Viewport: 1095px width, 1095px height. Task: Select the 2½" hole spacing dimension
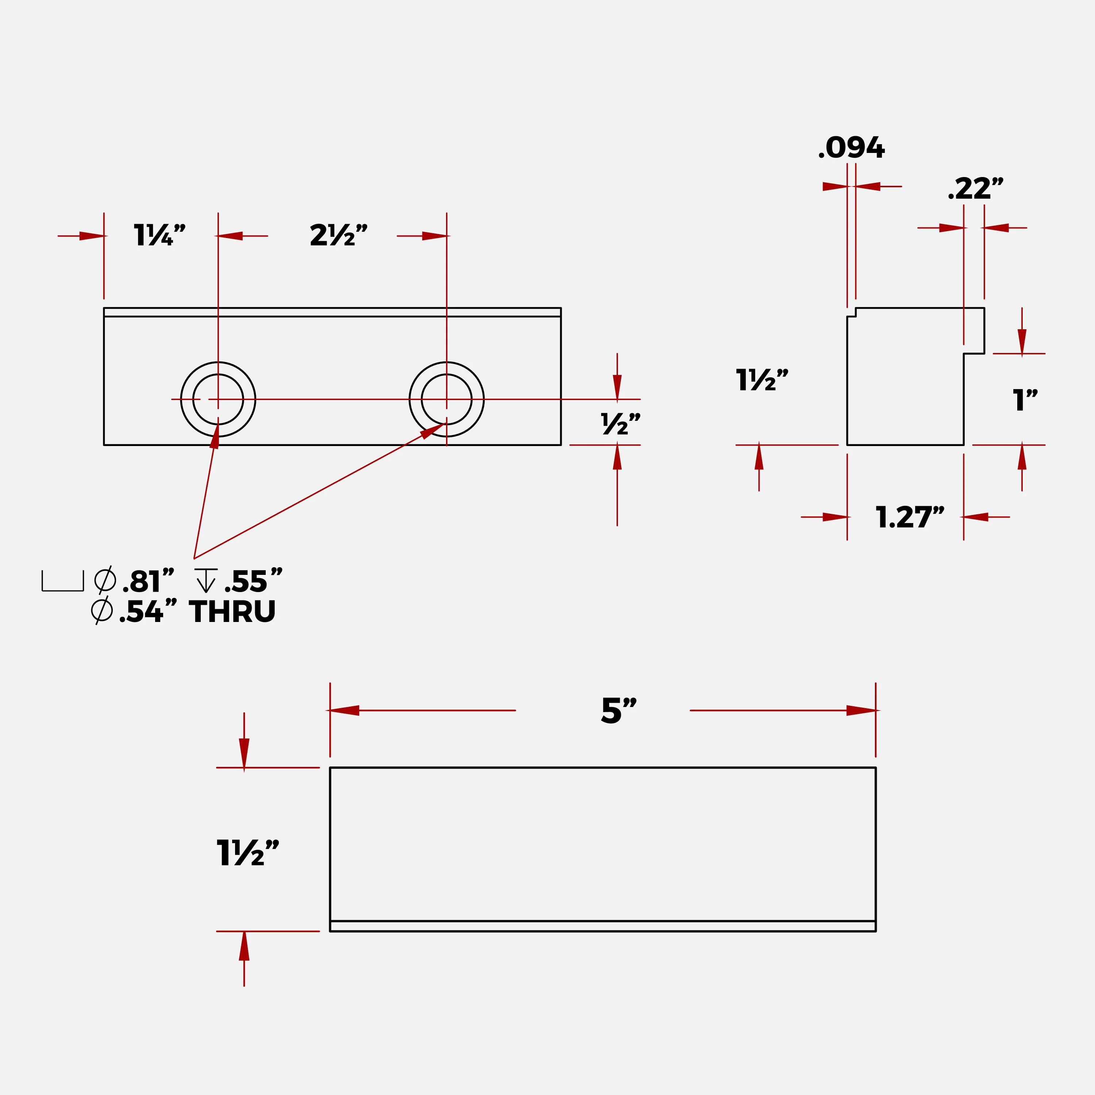click(338, 235)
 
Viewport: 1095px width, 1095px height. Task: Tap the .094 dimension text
click(851, 148)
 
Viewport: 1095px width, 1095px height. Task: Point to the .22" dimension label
click(975, 189)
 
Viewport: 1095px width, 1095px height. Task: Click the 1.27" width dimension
click(910, 517)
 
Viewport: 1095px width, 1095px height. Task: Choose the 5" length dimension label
click(619, 710)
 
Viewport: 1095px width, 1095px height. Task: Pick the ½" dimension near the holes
click(620, 424)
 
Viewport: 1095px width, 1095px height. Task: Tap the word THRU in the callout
click(233, 611)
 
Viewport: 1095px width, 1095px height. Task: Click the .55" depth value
click(253, 581)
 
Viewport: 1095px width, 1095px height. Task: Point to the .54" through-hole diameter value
click(148, 611)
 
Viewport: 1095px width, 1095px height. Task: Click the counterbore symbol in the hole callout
click(63, 581)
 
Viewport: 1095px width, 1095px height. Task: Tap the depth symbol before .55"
click(206, 580)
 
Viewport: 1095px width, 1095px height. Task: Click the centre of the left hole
click(218, 400)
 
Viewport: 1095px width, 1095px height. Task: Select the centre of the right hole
click(447, 400)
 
